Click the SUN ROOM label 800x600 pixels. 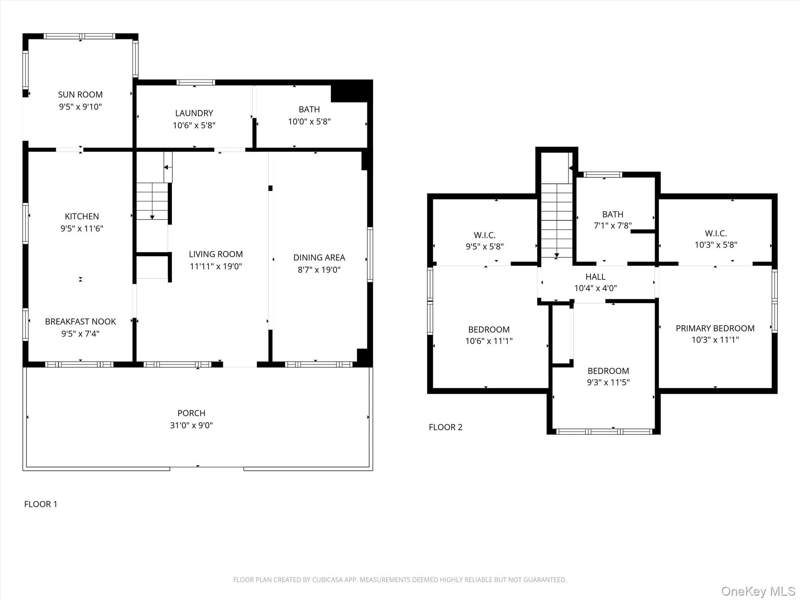(x=80, y=95)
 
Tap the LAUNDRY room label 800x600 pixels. (x=194, y=113)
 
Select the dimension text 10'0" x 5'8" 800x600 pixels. (x=309, y=121)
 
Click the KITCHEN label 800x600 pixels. (x=82, y=216)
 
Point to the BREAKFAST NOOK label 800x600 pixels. (x=80, y=321)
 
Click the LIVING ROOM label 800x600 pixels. (x=216, y=254)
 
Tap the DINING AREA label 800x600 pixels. (x=319, y=258)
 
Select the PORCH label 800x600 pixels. (x=191, y=413)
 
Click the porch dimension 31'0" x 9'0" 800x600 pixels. (x=191, y=425)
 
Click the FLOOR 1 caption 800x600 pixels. (x=41, y=504)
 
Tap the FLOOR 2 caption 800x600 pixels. (x=446, y=427)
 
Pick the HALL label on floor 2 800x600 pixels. (x=595, y=277)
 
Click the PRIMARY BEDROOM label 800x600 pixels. (x=715, y=329)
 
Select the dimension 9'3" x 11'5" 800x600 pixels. (x=608, y=382)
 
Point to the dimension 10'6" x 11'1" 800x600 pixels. (x=489, y=341)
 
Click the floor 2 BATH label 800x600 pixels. (x=612, y=214)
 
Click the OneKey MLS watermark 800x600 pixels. (x=758, y=591)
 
